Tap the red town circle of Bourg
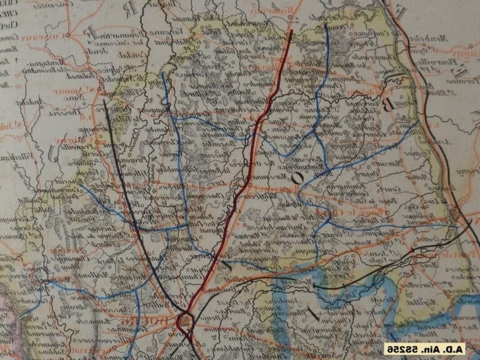[x=185, y=321]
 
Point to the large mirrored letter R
[x=129, y=10]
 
